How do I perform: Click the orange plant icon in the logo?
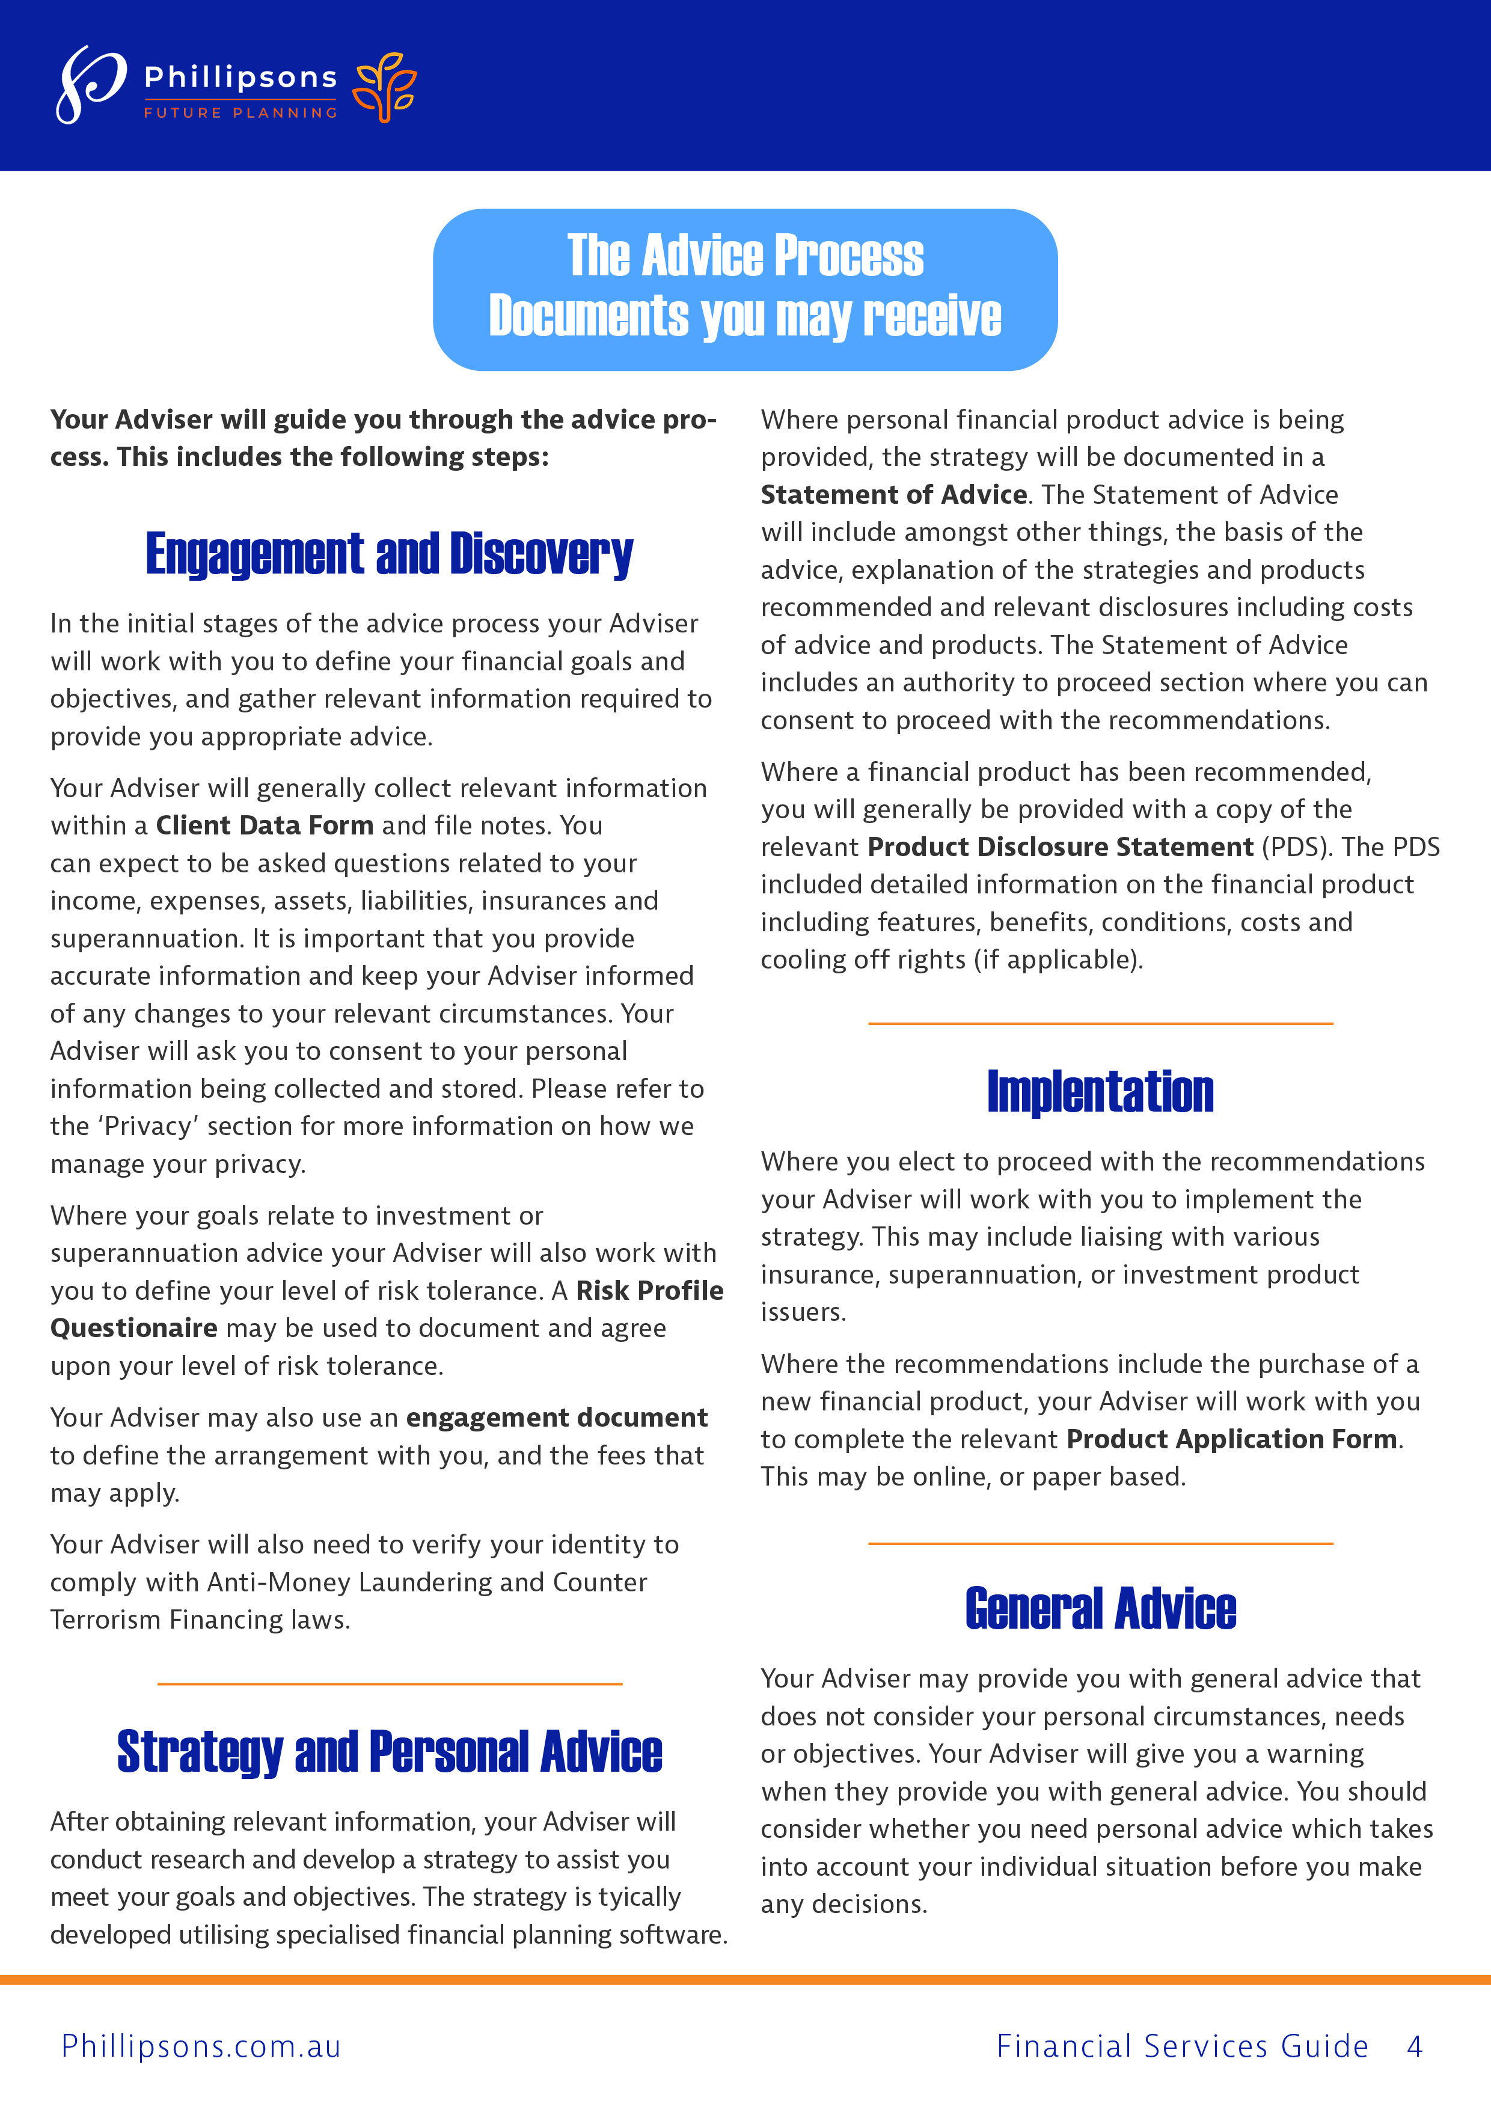click(386, 87)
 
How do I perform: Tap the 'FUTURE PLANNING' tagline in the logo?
click(240, 113)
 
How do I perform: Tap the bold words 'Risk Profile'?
click(649, 1291)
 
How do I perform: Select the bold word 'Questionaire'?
click(134, 1328)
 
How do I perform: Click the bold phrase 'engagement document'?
click(557, 1418)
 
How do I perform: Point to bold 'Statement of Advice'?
click(893, 494)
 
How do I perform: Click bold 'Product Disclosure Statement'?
click(1060, 847)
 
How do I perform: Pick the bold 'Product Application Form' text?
click(1231, 1439)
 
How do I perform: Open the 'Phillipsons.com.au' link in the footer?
click(201, 2046)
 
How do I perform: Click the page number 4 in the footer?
click(1415, 2046)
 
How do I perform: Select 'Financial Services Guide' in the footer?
click(1183, 2046)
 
